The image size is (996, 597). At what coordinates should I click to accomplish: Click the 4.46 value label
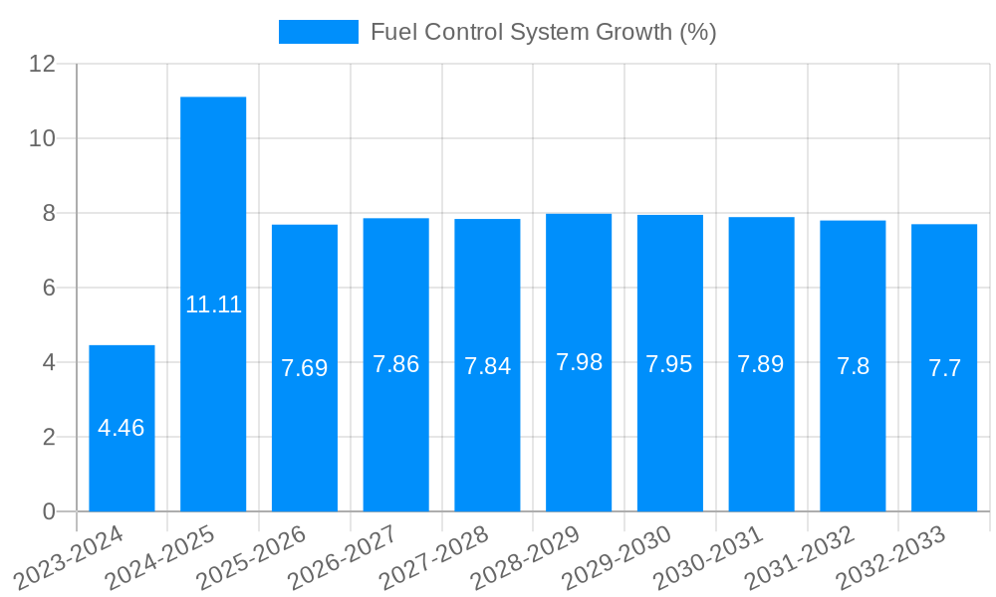(x=122, y=428)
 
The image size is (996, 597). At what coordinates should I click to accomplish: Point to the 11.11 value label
(x=213, y=304)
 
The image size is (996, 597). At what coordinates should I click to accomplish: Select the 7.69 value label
(x=305, y=368)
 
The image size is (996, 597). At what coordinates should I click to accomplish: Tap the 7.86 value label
(x=395, y=364)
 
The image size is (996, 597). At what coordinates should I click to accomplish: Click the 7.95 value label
(x=669, y=364)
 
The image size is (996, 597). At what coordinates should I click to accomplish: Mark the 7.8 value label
(x=853, y=366)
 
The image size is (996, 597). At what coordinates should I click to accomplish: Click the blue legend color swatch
(x=318, y=32)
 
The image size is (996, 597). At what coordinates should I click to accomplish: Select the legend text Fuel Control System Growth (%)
(x=543, y=32)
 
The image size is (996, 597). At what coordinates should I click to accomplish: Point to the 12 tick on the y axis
(x=43, y=64)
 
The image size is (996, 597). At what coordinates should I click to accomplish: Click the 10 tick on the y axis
(x=43, y=138)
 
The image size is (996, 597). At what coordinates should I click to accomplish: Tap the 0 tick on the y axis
(x=49, y=511)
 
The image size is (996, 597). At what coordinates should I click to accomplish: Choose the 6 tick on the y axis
(x=49, y=288)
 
